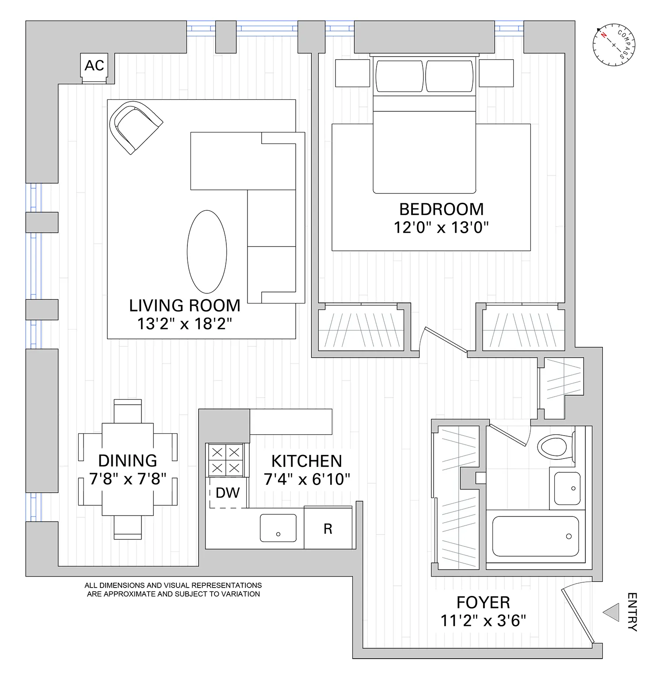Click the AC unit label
tap(94, 65)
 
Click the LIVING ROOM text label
tap(185, 306)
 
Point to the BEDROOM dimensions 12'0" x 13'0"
tap(441, 228)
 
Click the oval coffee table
tap(207, 251)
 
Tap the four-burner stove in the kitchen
tap(226, 459)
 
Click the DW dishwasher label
tap(228, 493)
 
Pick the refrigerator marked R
tap(328, 529)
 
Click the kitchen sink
tap(278, 527)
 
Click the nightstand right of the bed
tap(496, 73)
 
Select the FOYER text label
tap(483, 603)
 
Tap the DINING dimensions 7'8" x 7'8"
tap(128, 479)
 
